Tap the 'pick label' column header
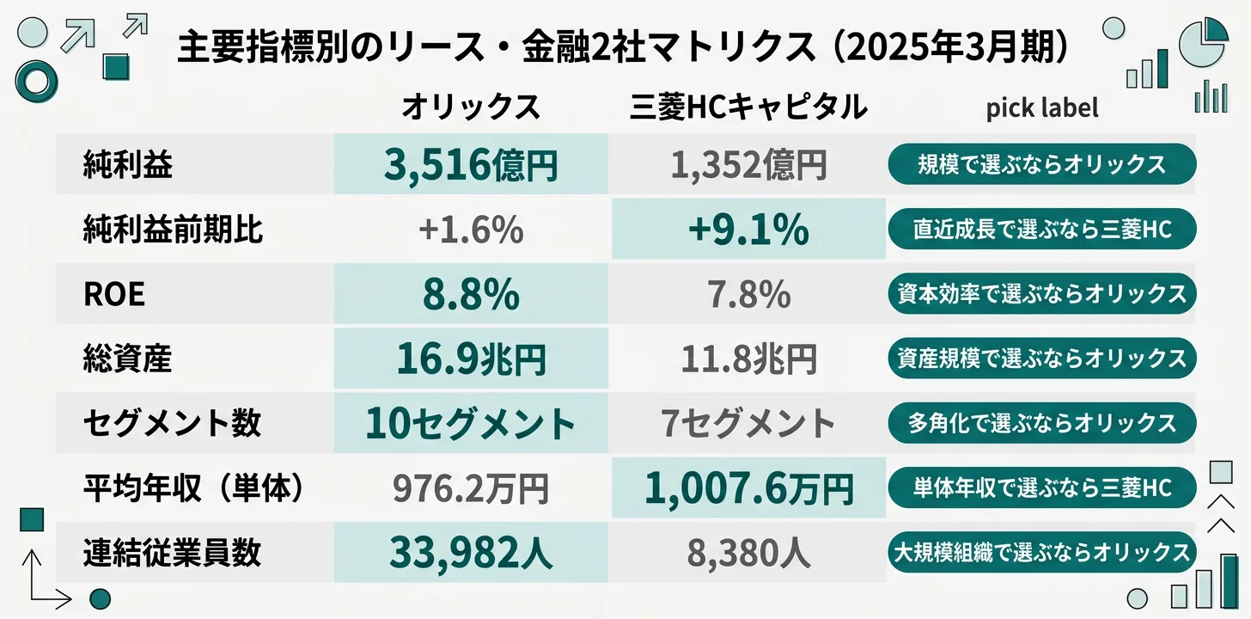tap(1041, 108)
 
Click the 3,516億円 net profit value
tap(471, 163)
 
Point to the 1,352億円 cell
tap(748, 164)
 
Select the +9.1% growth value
tap(748, 230)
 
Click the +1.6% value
tap(471, 230)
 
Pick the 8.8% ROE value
tap(471, 294)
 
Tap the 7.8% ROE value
tap(748, 295)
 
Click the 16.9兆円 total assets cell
tap(471, 359)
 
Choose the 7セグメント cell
tap(748, 423)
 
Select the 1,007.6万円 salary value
tap(748, 488)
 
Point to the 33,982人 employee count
tap(471, 553)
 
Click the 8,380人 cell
tap(748, 554)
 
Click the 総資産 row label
tap(127, 359)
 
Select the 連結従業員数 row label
tap(172, 553)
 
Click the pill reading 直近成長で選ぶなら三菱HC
tap(1041, 229)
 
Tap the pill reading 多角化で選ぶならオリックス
tap(1041, 423)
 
